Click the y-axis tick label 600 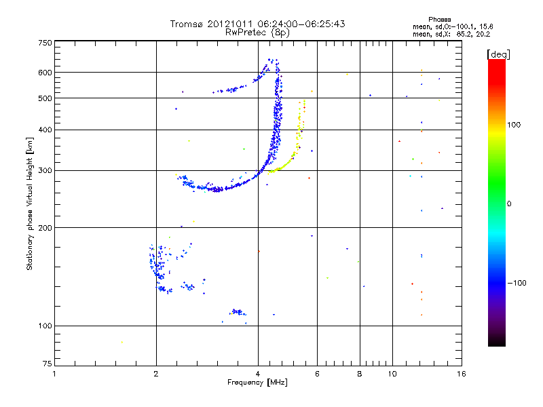click(44, 72)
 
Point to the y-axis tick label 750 click(44, 43)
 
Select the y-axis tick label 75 click(46, 364)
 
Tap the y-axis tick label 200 click(44, 227)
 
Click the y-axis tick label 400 click(44, 130)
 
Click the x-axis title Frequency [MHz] click(257, 383)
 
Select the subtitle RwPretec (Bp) click(257, 32)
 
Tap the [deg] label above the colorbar click(498, 54)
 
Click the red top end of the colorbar click(496, 63)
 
